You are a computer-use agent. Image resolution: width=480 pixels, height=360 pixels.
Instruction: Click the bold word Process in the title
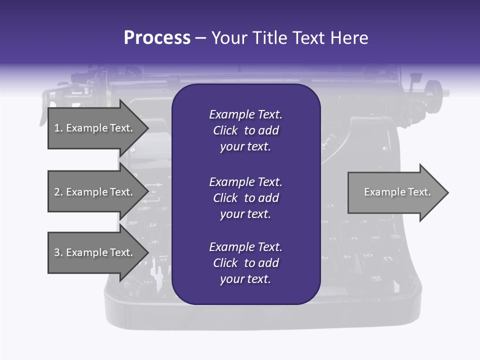point(157,38)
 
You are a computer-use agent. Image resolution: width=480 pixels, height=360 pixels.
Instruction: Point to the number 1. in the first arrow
point(58,128)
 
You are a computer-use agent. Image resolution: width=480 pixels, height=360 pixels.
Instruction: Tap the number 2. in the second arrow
point(58,192)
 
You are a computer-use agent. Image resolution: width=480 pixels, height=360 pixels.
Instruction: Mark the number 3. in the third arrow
point(58,252)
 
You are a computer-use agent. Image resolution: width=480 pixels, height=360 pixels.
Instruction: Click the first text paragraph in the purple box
point(245,130)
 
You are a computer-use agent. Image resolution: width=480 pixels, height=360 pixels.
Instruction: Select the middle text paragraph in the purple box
point(245,198)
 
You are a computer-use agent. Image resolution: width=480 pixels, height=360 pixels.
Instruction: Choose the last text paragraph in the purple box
point(245,263)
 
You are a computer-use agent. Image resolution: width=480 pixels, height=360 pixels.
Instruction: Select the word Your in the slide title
point(227,38)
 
